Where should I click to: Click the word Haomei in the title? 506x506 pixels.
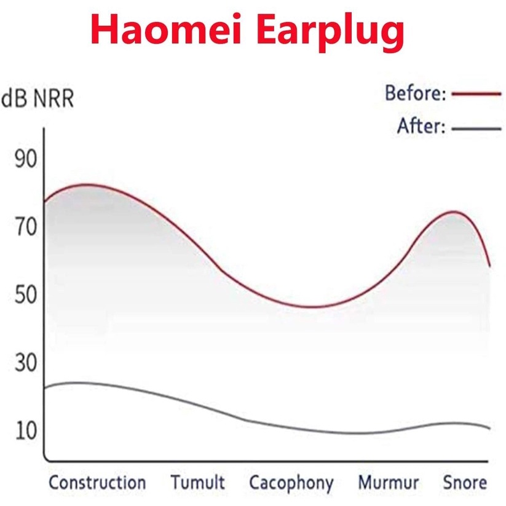pyautogui.click(x=166, y=30)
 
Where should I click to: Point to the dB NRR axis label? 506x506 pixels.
pyautogui.click(x=38, y=98)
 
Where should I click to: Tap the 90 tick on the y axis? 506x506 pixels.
pyautogui.click(x=26, y=159)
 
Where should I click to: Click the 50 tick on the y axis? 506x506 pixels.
pyautogui.click(x=26, y=295)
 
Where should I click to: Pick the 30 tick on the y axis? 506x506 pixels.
pyautogui.click(x=26, y=362)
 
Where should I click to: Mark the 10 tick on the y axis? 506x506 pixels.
pyautogui.click(x=26, y=431)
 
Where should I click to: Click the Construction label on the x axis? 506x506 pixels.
pyautogui.click(x=97, y=483)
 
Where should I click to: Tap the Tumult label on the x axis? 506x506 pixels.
pyautogui.click(x=198, y=483)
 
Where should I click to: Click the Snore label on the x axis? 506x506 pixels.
pyautogui.click(x=465, y=483)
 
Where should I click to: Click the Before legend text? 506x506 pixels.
pyautogui.click(x=416, y=93)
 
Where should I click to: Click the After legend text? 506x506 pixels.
pyautogui.click(x=421, y=126)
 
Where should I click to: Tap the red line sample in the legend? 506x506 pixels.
pyautogui.click(x=476, y=94)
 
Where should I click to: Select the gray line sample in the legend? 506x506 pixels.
pyautogui.click(x=476, y=128)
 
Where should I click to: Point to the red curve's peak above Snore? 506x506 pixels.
pyautogui.click(x=454, y=211)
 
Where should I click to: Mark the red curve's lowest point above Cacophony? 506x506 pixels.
pyautogui.click(x=310, y=307)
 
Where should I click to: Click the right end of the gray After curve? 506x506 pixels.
pyautogui.click(x=490, y=429)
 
